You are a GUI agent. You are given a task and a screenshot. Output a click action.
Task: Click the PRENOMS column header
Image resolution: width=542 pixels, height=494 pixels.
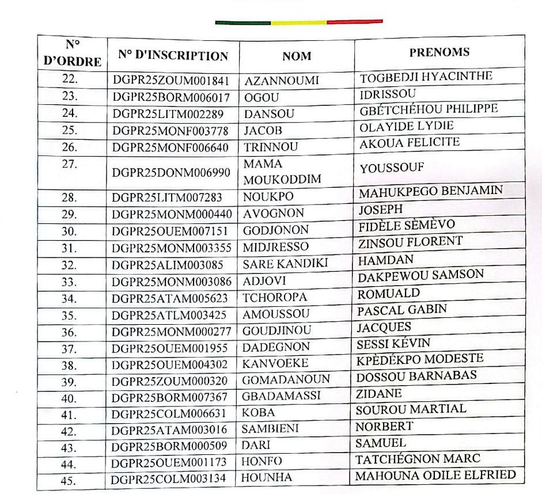439,52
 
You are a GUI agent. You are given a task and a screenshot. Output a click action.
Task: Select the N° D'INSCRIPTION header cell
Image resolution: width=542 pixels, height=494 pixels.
173,56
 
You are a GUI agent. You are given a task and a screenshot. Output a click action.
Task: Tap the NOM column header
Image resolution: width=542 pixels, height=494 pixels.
297,56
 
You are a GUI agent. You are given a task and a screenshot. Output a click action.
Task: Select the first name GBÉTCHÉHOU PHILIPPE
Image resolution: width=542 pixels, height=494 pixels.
429,109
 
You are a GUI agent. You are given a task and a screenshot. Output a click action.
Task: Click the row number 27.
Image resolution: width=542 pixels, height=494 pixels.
70,164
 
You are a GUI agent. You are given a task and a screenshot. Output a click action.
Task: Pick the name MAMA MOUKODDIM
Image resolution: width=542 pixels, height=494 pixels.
282,172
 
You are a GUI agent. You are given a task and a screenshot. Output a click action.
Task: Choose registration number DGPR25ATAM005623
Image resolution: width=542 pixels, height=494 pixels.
170,298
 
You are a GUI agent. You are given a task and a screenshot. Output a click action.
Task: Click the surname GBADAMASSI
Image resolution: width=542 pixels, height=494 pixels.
281,396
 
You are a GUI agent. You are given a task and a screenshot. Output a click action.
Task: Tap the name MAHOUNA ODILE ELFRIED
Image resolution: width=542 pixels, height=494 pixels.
434,476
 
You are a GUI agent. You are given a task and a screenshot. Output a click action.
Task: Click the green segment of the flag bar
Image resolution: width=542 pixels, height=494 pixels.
242,22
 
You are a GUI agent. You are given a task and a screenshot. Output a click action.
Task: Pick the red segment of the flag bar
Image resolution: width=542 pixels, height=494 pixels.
354,22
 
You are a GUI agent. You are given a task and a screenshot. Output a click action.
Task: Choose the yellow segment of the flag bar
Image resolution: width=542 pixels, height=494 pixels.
298,22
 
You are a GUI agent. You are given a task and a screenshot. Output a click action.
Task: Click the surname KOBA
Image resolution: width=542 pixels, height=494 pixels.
258,412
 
